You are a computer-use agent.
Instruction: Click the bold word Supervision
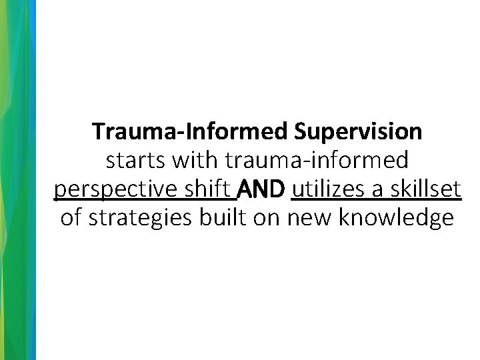pyautogui.click(x=357, y=132)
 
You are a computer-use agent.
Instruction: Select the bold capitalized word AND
pyautogui.click(x=262, y=190)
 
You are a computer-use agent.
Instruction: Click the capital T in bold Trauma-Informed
pyautogui.click(x=99, y=132)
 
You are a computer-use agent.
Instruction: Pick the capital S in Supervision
pyautogui.click(x=299, y=132)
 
